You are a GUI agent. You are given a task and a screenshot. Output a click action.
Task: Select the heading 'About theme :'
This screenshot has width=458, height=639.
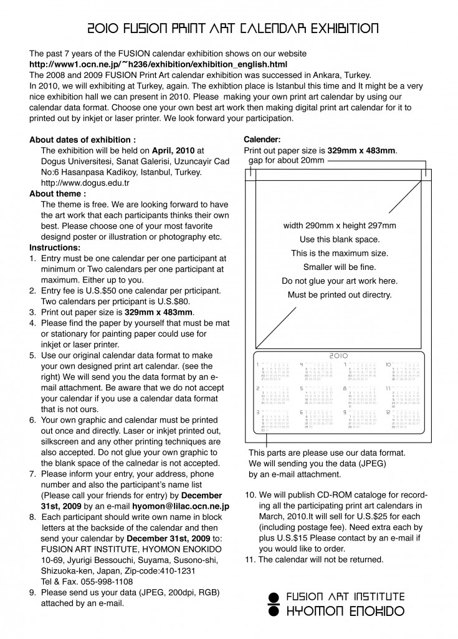(57, 194)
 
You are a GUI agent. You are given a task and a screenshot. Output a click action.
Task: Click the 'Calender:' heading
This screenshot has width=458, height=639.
(262, 140)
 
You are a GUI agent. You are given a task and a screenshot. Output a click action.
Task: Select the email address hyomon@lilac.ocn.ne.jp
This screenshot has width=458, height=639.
(180, 507)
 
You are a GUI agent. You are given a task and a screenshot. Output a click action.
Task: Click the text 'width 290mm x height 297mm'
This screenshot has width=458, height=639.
(340, 226)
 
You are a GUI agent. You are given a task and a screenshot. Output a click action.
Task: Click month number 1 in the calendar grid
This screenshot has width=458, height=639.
(258, 364)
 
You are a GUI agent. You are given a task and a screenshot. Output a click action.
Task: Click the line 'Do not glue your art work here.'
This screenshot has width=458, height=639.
(340, 281)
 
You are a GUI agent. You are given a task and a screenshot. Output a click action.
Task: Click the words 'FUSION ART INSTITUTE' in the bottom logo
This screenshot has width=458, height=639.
(345, 597)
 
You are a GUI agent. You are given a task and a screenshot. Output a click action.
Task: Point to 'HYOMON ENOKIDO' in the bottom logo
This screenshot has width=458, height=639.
(345, 611)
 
